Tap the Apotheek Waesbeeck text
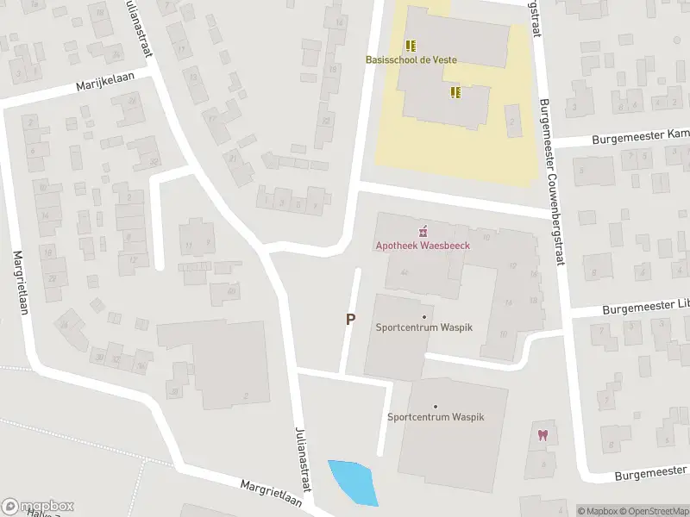[423, 246]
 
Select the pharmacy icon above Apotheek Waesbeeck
[423, 231]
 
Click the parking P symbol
[350, 319]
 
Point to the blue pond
[353, 482]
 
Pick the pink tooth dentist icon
[543, 435]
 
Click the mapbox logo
[37, 506]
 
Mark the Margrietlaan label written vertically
[22, 283]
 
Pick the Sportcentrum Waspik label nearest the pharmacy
[423, 327]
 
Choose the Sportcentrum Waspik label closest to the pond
[436, 417]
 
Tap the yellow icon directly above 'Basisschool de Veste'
[411, 45]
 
